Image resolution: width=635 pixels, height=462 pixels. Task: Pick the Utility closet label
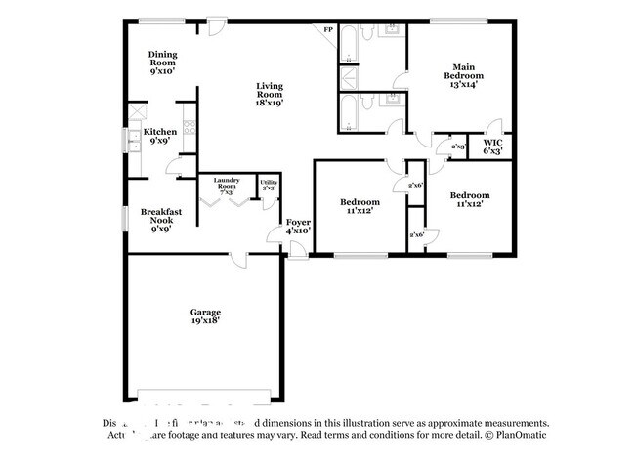[267, 185]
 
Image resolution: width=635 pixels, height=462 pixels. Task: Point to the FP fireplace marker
[328, 30]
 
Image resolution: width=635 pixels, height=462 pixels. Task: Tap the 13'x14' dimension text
[463, 85]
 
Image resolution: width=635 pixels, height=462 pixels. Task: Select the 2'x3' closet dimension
[457, 147]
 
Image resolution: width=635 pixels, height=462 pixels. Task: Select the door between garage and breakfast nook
[252, 251]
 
